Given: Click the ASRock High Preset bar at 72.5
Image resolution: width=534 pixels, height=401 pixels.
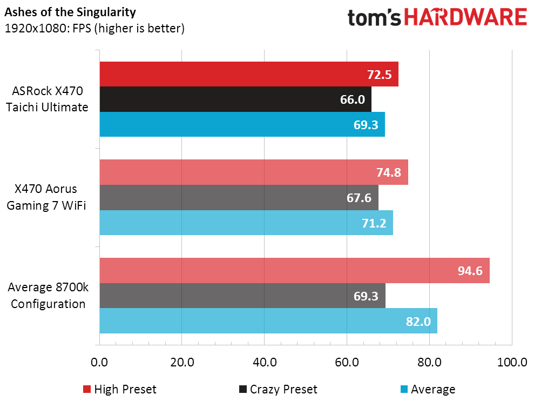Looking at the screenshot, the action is point(249,74).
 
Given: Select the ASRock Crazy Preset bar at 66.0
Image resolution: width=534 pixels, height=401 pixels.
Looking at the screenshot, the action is point(235,99).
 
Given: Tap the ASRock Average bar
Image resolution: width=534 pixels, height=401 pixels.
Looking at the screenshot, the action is point(242,124).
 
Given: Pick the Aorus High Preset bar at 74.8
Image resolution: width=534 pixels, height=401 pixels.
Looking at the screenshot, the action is point(254,172).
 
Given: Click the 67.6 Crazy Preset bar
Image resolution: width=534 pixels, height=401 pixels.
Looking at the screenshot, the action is point(239,197).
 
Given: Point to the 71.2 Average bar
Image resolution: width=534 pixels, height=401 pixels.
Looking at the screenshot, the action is point(246,223).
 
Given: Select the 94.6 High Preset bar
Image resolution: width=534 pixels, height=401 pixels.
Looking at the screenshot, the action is point(295,270).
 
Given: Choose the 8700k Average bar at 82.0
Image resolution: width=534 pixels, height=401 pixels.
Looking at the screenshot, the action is point(268,321).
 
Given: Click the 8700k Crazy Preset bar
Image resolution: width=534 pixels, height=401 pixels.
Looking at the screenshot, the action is point(242,296).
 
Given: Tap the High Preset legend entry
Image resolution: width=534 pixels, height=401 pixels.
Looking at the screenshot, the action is point(119,389).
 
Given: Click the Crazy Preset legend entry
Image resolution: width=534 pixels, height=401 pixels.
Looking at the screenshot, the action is point(278,389).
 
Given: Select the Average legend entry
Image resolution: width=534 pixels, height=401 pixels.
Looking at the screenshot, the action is point(428,389).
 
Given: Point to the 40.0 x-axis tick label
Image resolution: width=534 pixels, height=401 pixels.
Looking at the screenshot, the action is point(265,362).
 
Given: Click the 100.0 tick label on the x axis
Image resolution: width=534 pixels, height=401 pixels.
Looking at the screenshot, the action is point(512,362).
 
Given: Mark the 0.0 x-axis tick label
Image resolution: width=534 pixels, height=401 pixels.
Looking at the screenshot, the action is point(99,362).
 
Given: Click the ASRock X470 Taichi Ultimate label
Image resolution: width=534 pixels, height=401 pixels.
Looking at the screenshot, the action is point(48,99).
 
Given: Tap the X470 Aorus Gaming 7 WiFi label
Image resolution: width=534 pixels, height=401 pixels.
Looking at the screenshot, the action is point(46,197).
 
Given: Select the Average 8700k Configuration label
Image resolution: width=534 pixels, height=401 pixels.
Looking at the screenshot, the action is point(48,295).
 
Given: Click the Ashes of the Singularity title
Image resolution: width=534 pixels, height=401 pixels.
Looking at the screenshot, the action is point(70,12).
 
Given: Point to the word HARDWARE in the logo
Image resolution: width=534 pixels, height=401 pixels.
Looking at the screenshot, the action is point(465,17).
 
